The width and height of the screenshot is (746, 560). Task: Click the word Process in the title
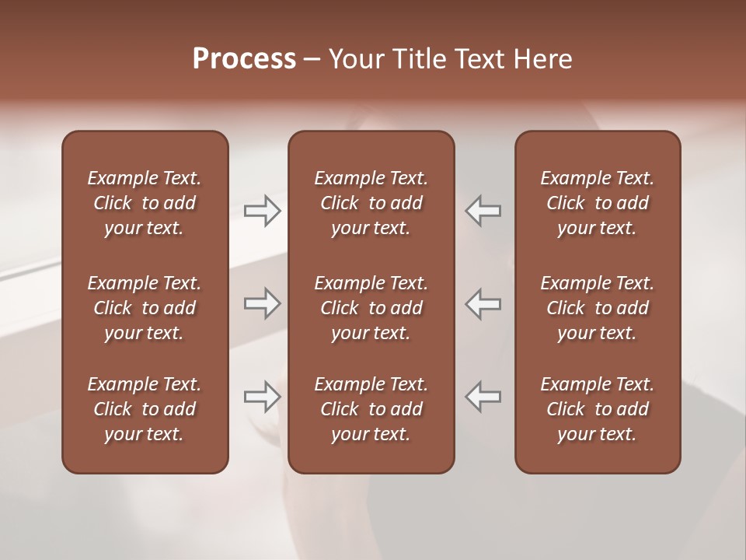click(x=244, y=59)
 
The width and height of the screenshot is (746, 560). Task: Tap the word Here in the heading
click(x=542, y=59)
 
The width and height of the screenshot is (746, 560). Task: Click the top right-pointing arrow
click(x=262, y=211)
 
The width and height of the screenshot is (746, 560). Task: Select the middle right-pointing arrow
click(x=262, y=303)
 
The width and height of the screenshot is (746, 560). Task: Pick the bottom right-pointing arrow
click(x=262, y=397)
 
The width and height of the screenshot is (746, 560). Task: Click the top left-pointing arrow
click(x=483, y=211)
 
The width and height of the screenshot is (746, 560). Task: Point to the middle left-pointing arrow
click(x=483, y=303)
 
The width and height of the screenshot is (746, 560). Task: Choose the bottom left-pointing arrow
click(x=483, y=397)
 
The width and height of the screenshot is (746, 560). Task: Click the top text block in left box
click(x=145, y=203)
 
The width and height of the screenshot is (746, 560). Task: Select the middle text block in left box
click(x=145, y=308)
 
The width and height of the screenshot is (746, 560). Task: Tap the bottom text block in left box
click(x=145, y=409)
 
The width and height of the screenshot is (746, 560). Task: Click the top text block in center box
click(x=371, y=203)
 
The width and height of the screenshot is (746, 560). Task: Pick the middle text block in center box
click(x=371, y=308)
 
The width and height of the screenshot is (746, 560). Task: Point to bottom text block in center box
click(x=371, y=409)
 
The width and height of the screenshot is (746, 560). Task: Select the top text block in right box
click(x=597, y=203)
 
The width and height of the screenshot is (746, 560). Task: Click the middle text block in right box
click(x=597, y=308)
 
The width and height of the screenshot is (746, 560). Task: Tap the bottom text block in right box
click(x=597, y=409)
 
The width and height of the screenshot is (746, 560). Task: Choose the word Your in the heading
click(x=354, y=59)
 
